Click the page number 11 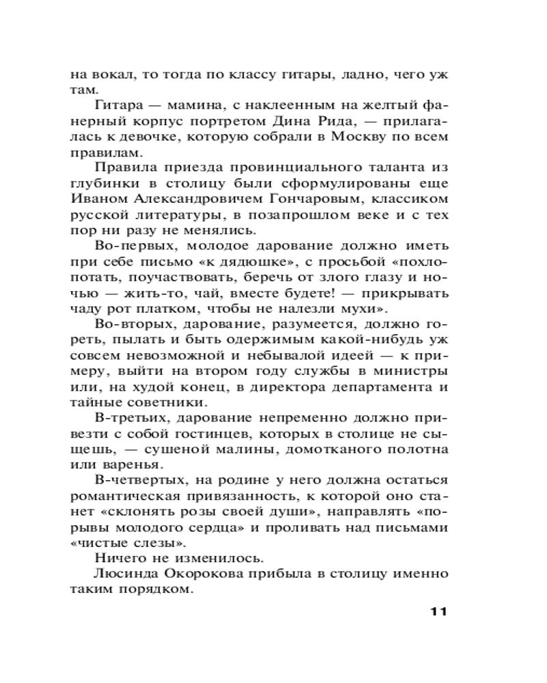tap(434, 611)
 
